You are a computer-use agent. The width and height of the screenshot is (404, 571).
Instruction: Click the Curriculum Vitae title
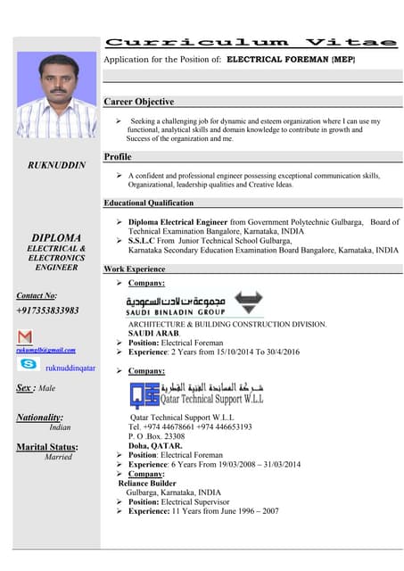pyautogui.click(x=251, y=42)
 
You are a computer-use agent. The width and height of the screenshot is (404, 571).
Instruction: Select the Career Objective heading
pyautogui.click(x=139, y=102)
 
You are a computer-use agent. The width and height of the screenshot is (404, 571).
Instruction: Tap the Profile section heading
pyautogui.click(x=118, y=157)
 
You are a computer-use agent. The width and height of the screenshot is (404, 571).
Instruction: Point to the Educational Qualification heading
pyautogui.click(x=148, y=203)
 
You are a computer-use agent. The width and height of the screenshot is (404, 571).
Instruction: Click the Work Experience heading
pyautogui.click(x=135, y=269)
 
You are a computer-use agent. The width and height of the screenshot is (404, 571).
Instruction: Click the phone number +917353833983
pyautogui.click(x=47, y=310)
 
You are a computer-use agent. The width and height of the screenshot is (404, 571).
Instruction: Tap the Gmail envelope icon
pyautogui.click(x=26, y=336)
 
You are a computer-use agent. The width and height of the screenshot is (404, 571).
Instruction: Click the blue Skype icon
pyautogui.click(x=28, y=365)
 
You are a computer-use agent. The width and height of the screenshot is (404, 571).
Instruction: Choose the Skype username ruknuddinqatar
pyautogui.click(x=70, y=367)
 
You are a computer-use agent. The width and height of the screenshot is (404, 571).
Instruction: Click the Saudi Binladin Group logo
pyautogui.click(x=194, y=304)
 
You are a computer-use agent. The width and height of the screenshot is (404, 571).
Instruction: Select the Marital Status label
pyautogui.click(x=47, y=447)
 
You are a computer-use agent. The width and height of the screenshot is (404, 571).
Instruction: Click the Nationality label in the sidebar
pyautogui.click(x=40, y=418)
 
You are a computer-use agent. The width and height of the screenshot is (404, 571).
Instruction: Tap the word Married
pyautogui.click(x=58, y=457)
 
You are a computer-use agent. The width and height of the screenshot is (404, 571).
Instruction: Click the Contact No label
pyautogui.click(x=37, y=295)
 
